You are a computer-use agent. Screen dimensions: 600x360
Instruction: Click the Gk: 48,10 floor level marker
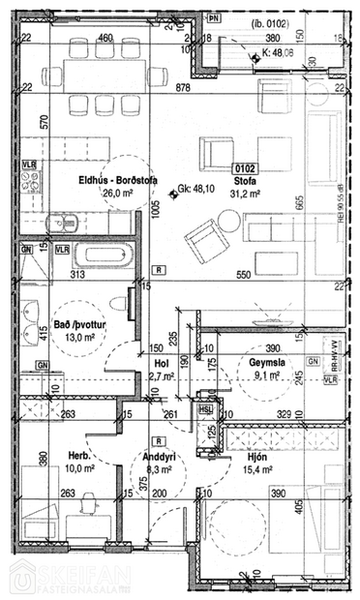pyautogui.click(x=194, y=190)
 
